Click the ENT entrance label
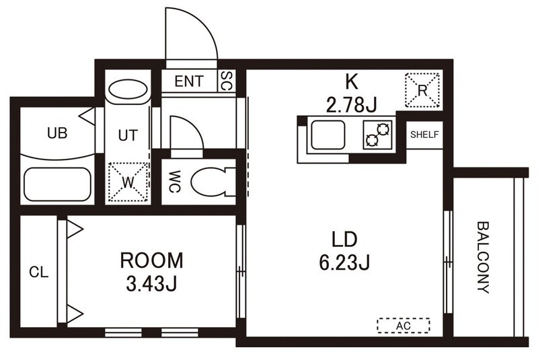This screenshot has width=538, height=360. point(189,81)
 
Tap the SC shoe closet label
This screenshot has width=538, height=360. point(227,81)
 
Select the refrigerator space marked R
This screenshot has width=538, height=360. point(422,90)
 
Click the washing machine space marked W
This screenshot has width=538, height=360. point(128,182)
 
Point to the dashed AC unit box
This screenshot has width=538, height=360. point(403,325)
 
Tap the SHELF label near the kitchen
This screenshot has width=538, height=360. point(424,135)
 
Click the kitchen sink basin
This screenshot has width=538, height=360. point(328,135)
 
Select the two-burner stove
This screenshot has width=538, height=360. point(378,135)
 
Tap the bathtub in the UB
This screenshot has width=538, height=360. point(57,184)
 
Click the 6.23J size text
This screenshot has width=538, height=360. point(344,263)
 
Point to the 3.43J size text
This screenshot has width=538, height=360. point(151,284)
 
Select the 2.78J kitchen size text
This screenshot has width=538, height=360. point(351,105)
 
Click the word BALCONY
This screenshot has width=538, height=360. point(483,258)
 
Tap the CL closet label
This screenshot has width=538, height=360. point(38,272)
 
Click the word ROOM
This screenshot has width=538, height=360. point(151,260)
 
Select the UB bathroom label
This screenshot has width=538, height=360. point(57,133)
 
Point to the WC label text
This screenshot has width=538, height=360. point(175,182)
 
